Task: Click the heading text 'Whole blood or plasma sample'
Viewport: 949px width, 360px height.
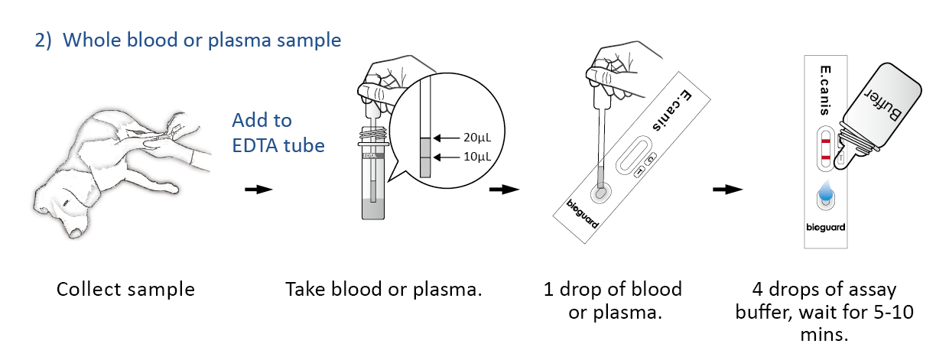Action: click(x=201, y=40)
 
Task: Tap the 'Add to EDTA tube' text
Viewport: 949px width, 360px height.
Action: click(x=278, y=133)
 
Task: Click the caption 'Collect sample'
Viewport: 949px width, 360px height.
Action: click(x=125, y=290)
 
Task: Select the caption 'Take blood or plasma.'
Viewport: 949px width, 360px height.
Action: click(x=384, y=290)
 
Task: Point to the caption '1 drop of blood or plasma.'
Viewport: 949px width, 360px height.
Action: click(x=613, y=300)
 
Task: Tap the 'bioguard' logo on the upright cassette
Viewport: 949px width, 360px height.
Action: click(x=825, y=228)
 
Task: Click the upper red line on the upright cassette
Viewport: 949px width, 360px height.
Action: click(x=825, y=142)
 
